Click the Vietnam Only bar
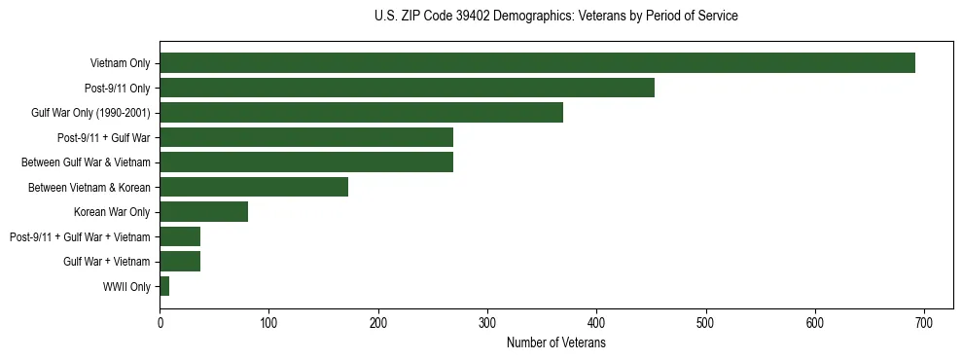(537, 63)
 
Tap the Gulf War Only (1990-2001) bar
(361, 113)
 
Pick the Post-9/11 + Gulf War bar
(306, 137)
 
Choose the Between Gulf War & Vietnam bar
(306, 162)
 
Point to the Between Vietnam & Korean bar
(254, 187)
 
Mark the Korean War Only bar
(203, 211)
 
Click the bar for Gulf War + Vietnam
(180, 261)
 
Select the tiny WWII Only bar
(164, 286)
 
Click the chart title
(555, 17)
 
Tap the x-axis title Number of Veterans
(555, 342)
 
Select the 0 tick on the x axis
(160, 321)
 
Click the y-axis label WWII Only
(126, 286)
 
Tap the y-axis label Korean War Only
(112, 211)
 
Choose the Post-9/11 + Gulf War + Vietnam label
(80, 236)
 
